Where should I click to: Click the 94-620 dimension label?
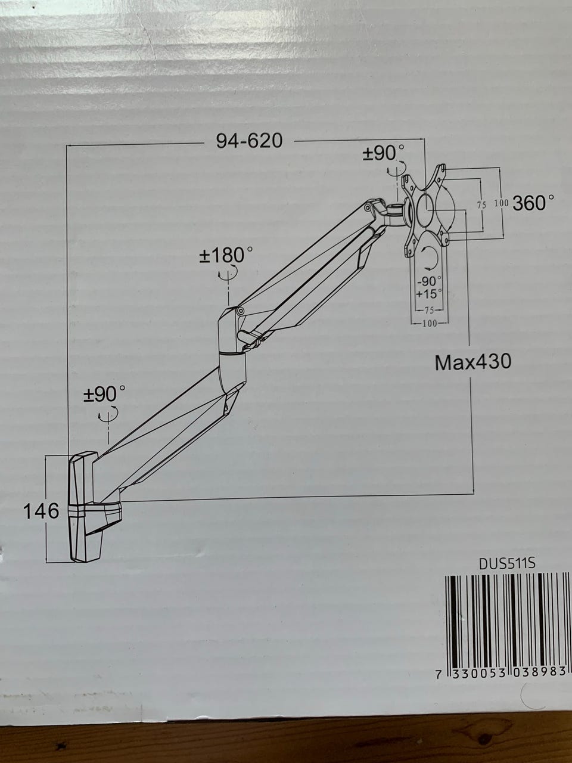pos(249,141)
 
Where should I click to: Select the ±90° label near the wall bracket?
pos(104,394)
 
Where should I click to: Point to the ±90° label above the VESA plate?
pos(383,153)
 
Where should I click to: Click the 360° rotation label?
pos(533,203)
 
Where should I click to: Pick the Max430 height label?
pos(473,362)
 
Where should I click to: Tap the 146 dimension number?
pos(41,511)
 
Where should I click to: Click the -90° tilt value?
pos(429,281)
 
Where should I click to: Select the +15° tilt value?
pos(429,294)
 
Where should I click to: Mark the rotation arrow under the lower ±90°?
pos(108,413)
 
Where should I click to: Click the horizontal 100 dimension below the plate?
pos(429,324)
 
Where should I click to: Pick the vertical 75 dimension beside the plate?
pos(481,205)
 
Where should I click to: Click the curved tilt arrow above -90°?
pos(432,258)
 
